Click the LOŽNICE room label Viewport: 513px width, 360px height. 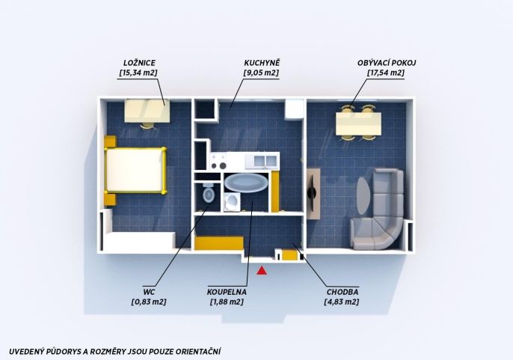(139, 63)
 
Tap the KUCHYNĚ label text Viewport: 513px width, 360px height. (262, 63)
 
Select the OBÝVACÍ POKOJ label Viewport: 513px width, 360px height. (387, 63)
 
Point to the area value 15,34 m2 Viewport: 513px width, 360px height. (138, 73)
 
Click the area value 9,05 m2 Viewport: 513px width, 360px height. (262, 73)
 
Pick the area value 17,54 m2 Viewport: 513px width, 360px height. (386, 73)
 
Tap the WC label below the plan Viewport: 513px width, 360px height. (149, 292)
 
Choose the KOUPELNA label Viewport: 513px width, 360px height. (227, 292)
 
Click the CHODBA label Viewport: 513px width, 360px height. (342, 292)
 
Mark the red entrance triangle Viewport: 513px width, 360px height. (262, 271)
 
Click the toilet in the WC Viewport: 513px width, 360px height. (208, 193)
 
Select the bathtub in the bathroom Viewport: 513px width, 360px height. (246, 183)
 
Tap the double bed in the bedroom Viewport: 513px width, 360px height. (135, 171)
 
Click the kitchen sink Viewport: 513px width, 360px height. (265, 160)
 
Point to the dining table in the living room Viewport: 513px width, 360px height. (359, 123)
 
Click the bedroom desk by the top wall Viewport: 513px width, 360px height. (147, 111)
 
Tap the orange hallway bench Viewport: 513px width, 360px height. (219, 243)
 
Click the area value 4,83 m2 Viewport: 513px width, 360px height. (342, 302)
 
